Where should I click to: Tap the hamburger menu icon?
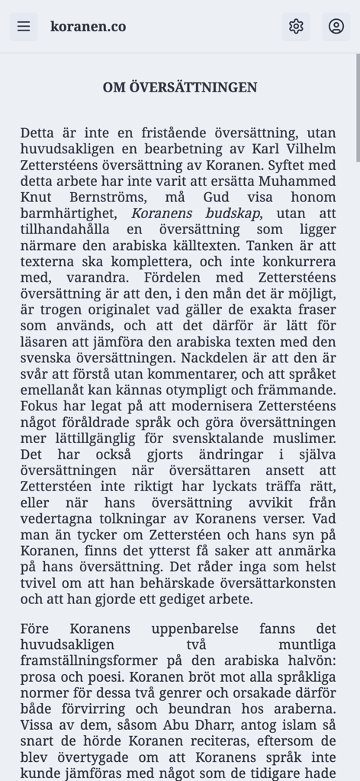click(x=24, y=27)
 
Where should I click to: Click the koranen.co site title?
click(x=88, y=27)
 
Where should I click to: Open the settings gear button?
click(x=296, y=27)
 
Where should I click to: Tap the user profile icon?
click(x=336, y=27)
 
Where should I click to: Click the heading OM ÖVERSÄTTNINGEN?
click(x=180, y=88)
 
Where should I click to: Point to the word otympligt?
click(x=190, y=390)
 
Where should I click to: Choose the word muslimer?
click(x=309, y=438)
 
